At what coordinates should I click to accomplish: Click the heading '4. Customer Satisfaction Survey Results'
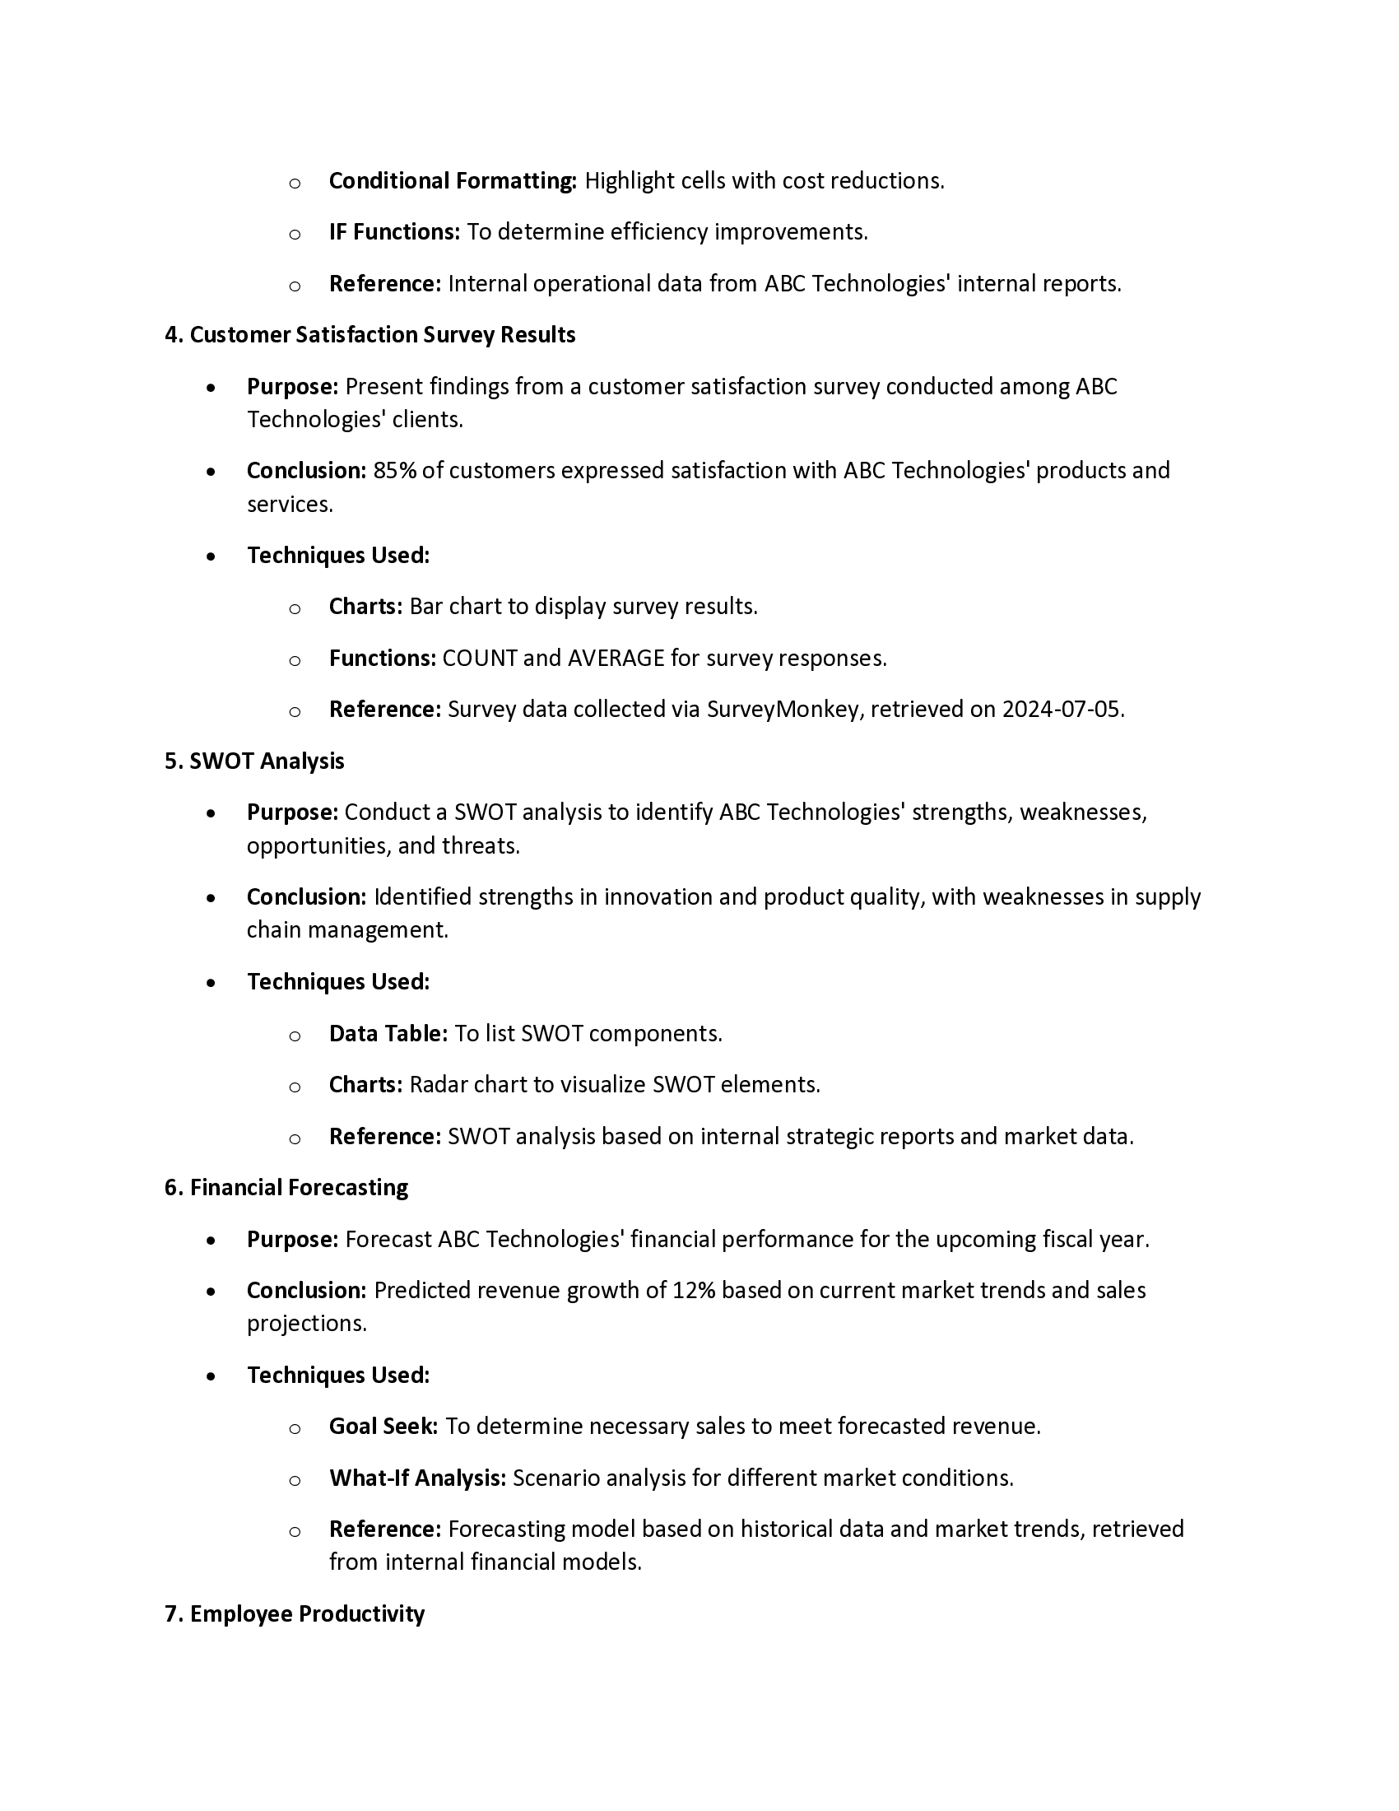tap(370, 335)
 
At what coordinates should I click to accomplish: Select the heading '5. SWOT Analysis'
tap(254, 761)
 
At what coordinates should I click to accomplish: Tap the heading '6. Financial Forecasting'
tap(286, 1187)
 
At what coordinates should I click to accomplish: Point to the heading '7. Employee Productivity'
tap(295, 1613)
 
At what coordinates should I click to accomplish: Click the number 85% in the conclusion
tap(394, 471)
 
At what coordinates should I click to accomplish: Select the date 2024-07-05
tap(1061, 710)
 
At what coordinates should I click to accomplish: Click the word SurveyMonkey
tap(783, 710)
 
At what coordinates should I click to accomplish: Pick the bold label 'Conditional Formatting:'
tap(453, 181)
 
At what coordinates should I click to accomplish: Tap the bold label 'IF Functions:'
tap(393, 232)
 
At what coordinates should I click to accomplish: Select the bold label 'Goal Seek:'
tap(383, 1427)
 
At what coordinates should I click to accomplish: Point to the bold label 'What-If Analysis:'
tap(417, 1478)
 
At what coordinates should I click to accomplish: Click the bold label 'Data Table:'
tap(388, 1034)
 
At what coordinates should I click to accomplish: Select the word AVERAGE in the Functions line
tap(616, 659)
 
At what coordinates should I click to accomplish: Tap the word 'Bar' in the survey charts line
tap(426, 607)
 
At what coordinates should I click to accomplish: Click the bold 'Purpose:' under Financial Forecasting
tap(293, 1240)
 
